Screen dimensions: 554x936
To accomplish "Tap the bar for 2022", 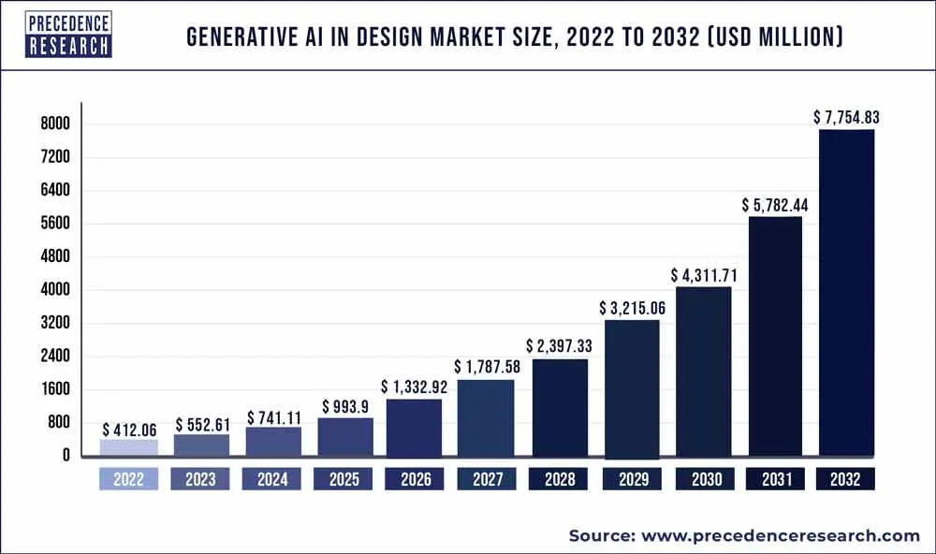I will [x=129, y=447].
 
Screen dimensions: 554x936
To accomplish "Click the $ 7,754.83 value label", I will [x=846, y=117].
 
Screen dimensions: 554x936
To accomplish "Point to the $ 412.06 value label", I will [x=130, y=428].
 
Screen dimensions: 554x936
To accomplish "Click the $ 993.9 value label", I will [x=345, y=406].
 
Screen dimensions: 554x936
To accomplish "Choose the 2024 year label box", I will [x=272, y=479].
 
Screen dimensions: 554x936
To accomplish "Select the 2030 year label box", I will [x=703, y=479].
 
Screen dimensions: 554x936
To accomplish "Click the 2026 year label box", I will [x=416, y=479].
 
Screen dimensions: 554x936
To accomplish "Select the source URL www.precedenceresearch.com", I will [x=778, y=535].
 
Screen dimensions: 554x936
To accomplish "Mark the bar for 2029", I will [x=632, y=388].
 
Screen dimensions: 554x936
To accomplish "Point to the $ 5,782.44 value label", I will [x=775, y=204].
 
